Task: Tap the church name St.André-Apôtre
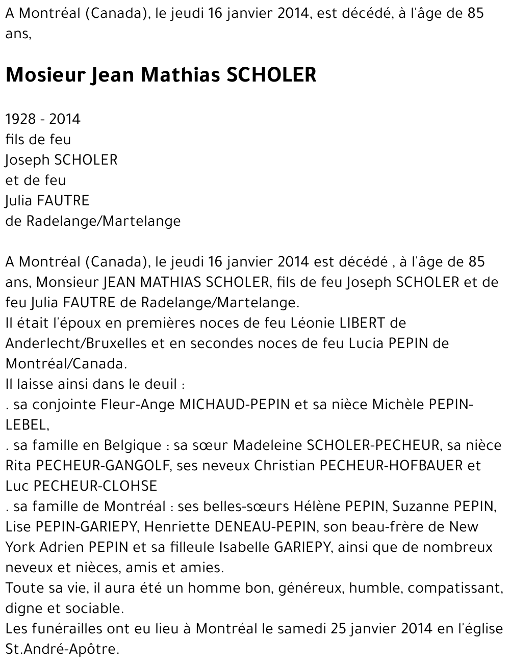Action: point(61,649)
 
